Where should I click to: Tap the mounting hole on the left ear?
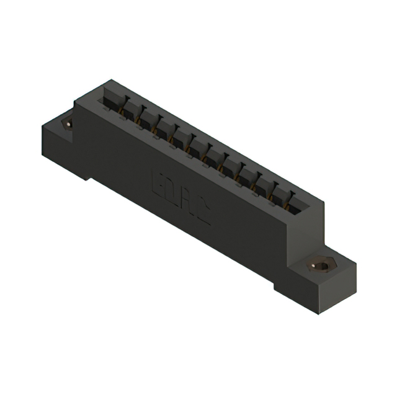[x=68, y=123]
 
